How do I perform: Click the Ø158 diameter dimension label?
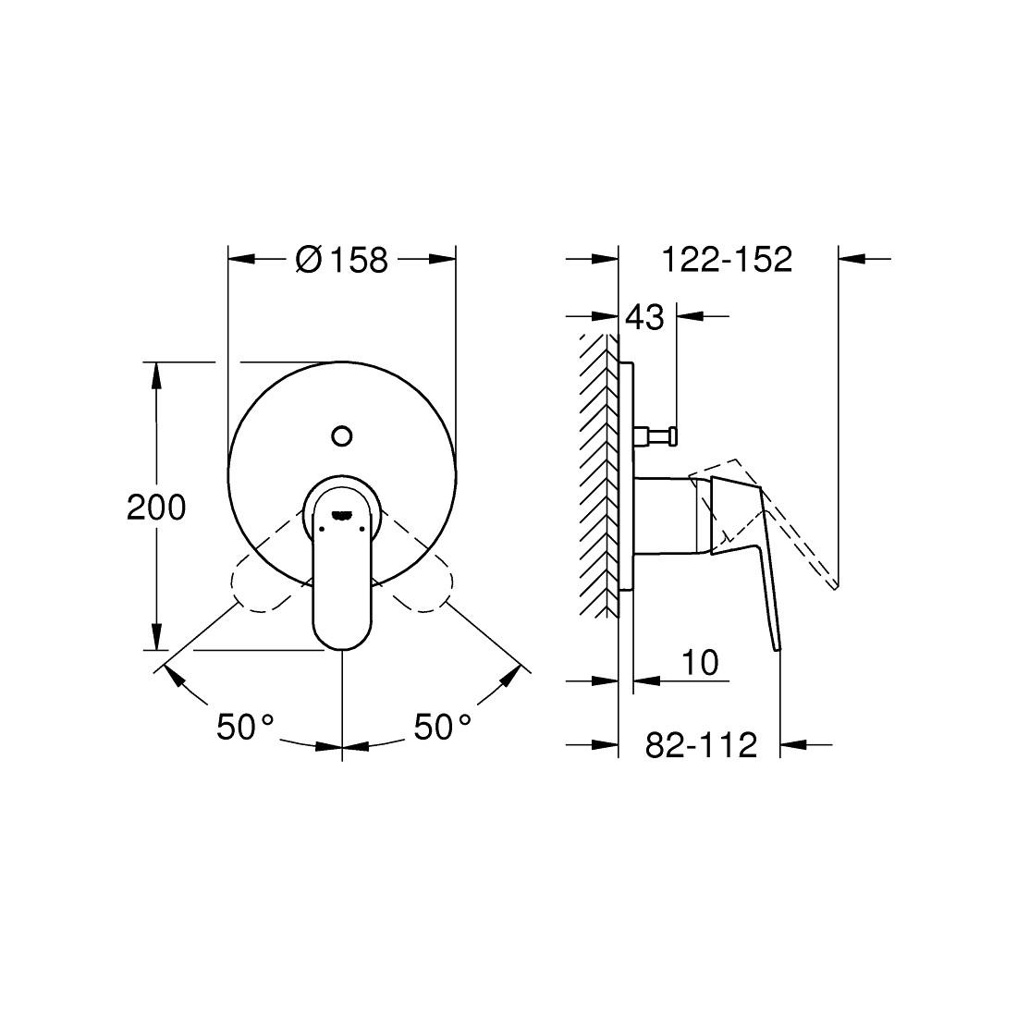341,260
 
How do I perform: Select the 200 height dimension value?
156,507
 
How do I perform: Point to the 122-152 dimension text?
727,260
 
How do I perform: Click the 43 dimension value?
644,317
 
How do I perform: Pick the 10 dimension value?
700,662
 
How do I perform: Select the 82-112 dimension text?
700,744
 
